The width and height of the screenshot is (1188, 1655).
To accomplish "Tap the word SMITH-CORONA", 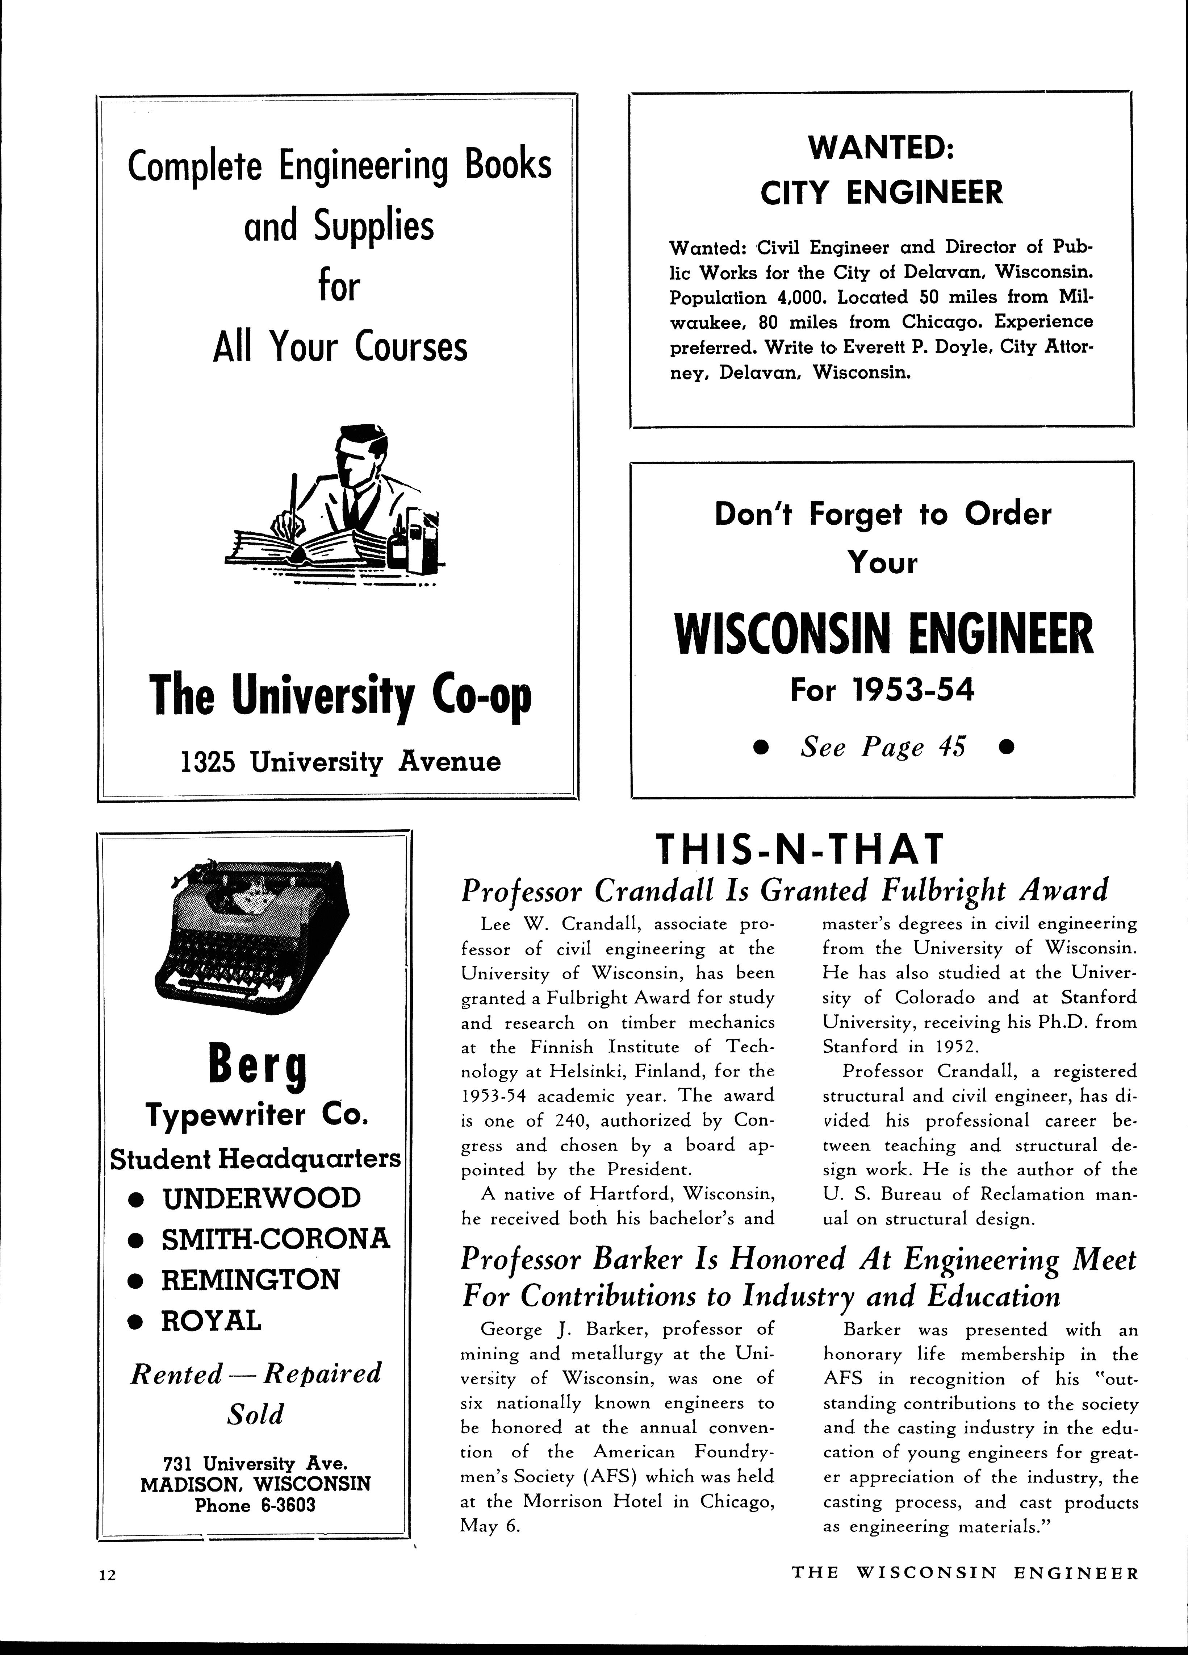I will click(276, 1239).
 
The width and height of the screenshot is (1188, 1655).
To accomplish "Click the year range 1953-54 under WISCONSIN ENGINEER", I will click(917, 690).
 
